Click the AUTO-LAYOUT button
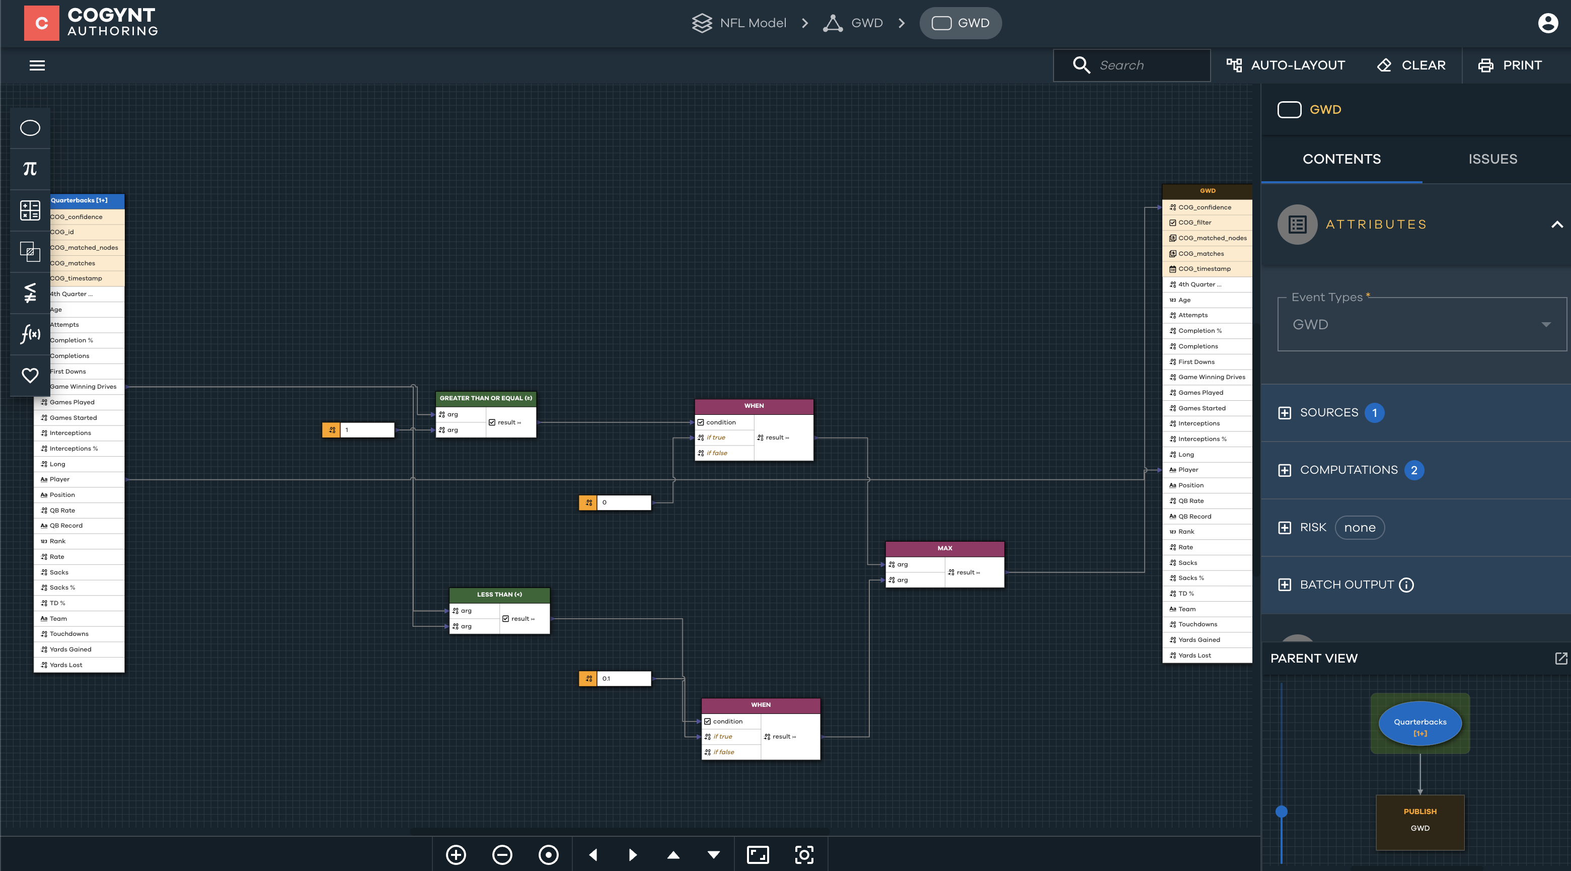(x=1286, y=65)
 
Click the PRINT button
(x=1510, y=65)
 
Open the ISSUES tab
(x=1492, y=159)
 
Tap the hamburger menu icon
(x=37, y=65)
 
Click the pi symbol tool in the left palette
(x=30, y=169)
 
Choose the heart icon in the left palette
(x=30, y=375)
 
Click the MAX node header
(x=944, y=548)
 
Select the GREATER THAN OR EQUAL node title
(x=485, y=398)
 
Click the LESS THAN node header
(x=499, y=595)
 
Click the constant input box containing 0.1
(x=623, y=678)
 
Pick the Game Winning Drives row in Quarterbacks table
(x=84, y=387)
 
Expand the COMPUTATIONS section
(x=1348, y=470)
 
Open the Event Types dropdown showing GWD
(x=1421, y=325)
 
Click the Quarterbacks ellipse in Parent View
(x=1420, y=723)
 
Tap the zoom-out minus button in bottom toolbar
(x=502, y=854)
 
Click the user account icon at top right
(x=1548, y=23)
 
